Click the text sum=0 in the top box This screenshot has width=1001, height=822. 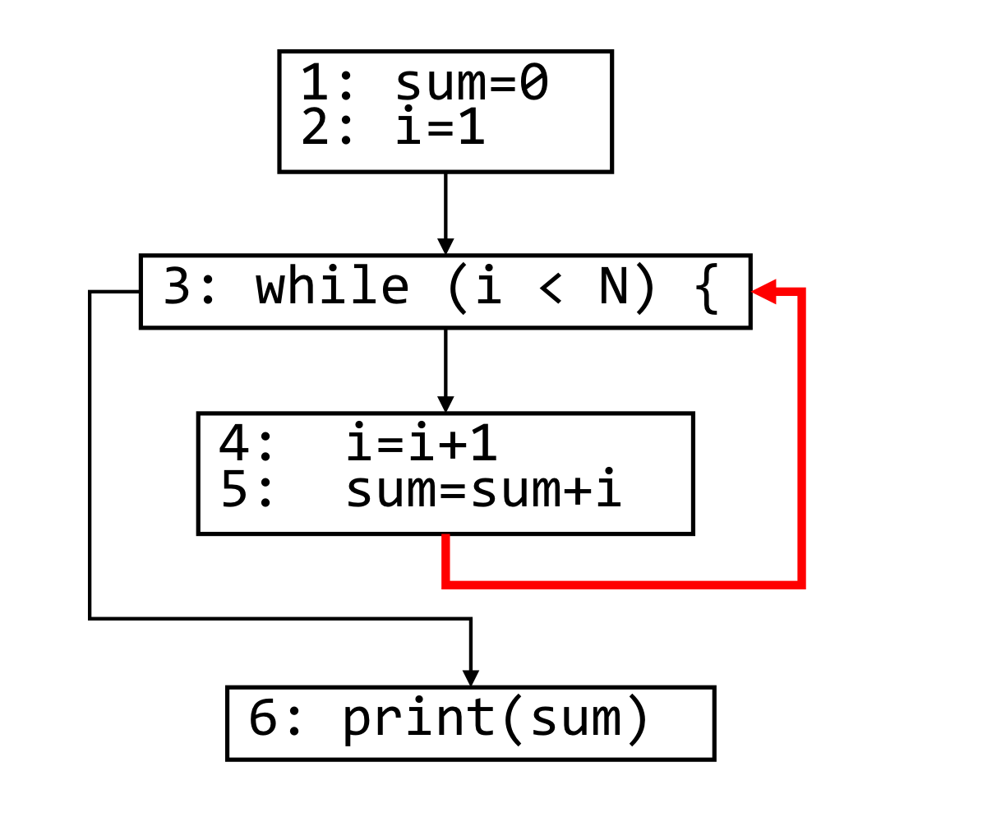coord(472,83)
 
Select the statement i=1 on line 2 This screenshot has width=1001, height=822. coord(441,129)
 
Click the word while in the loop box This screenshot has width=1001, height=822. coord(332,288)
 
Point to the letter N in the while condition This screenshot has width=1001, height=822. coord(614,288)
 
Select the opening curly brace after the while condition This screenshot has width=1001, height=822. coord(707,288)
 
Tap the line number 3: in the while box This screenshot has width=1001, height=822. coord(190,288)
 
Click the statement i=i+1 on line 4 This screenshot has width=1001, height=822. coord(422,444)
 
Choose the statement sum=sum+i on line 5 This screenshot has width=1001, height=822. coord(483,490)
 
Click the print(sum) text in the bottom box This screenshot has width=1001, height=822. coord(496,718)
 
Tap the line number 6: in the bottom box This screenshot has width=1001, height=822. coord(275,718)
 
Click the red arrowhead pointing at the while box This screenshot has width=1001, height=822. coord(764,290)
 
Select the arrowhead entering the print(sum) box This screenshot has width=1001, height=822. coord(470,678)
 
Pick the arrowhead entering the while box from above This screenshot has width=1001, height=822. coord(445,247)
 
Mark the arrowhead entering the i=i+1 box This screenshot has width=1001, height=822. coord(445,404)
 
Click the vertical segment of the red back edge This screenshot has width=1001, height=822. coord(801,436)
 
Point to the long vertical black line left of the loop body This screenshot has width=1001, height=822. coord(90,452)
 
